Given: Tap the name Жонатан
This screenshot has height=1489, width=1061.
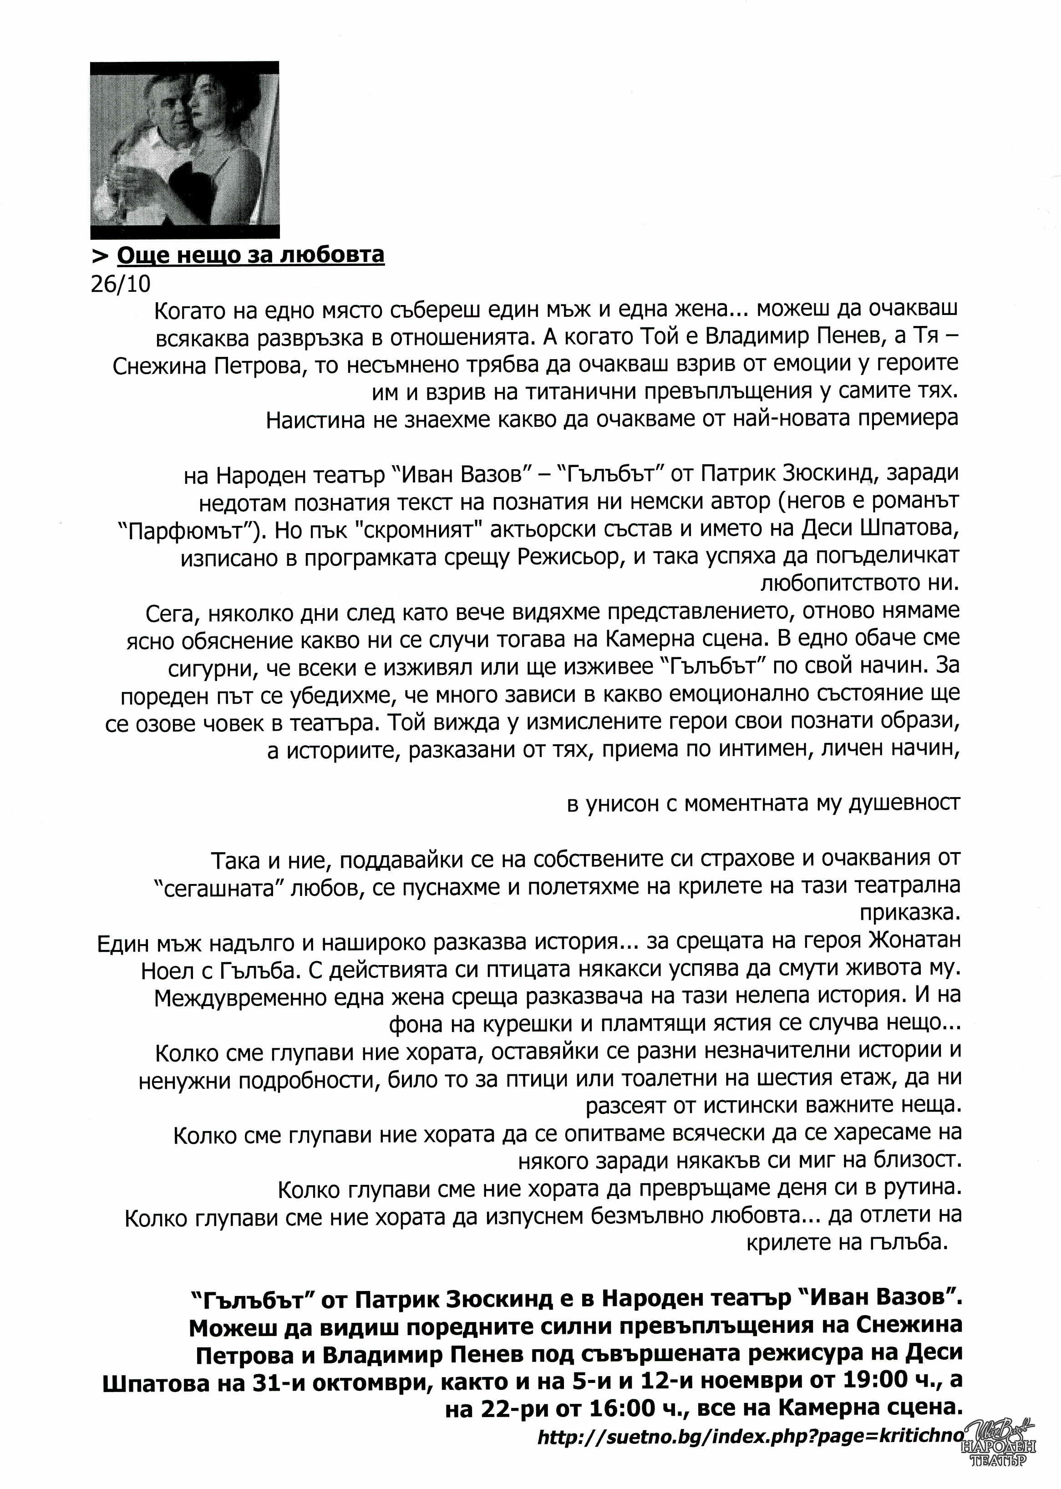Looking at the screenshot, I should [914, 942].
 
